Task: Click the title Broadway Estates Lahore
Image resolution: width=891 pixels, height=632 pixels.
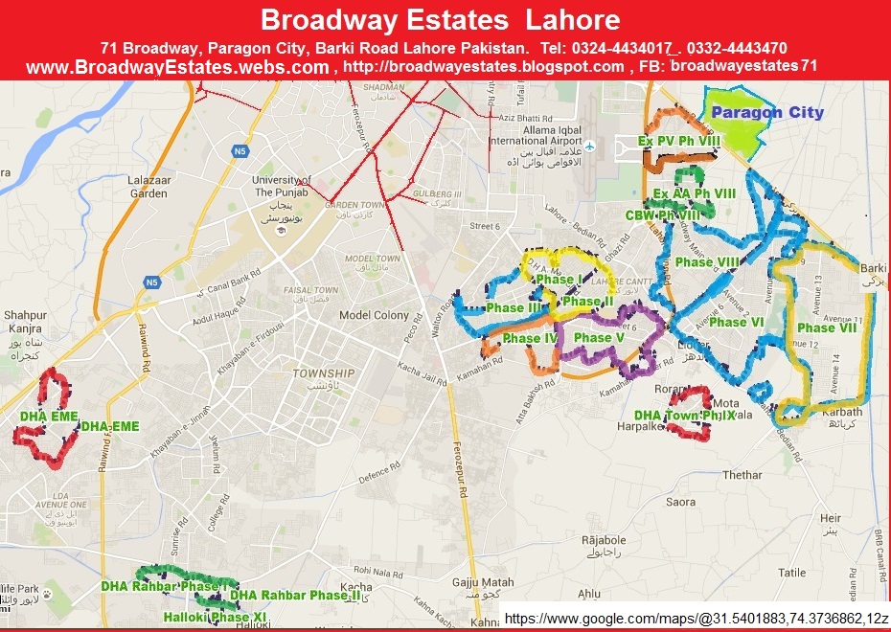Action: [x=440, y=20]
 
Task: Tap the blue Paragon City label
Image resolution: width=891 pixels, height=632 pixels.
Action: [x=767, y=112]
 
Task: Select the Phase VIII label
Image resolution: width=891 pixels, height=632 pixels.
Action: [x=707, y=261]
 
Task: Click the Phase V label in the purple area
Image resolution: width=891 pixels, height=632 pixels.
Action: [x=599, y=338]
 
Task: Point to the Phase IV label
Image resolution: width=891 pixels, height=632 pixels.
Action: [x=530, y=339]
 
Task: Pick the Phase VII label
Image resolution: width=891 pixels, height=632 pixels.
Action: [x=827, y=327]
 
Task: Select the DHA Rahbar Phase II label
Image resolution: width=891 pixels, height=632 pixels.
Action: [x=295, y=595]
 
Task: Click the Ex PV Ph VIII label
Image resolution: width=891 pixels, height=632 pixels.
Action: [x=679, y=141]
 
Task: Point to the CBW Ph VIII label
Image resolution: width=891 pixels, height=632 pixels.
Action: [x=662, y=215]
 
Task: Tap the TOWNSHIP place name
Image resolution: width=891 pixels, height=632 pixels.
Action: [x=323, y=373]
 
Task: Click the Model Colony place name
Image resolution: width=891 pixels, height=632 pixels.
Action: [x=374, y=316]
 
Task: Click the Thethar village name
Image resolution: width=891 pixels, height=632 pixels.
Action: [x=742, y=475]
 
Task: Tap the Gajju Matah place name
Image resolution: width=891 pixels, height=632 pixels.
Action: [x=478, y=582]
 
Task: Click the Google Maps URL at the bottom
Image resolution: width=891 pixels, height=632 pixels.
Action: [x=697, y=620]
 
